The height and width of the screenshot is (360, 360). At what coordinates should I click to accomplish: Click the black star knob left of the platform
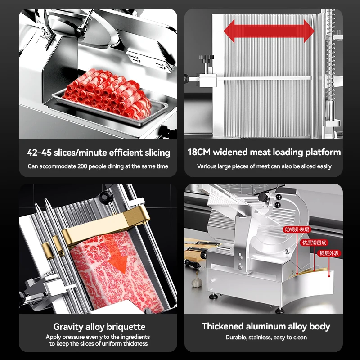click(x=206, y=59)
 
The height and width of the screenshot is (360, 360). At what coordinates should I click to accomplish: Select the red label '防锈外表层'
click(x=297, y=229)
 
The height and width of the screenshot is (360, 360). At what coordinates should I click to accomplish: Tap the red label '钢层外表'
click(x=329, y=254)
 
